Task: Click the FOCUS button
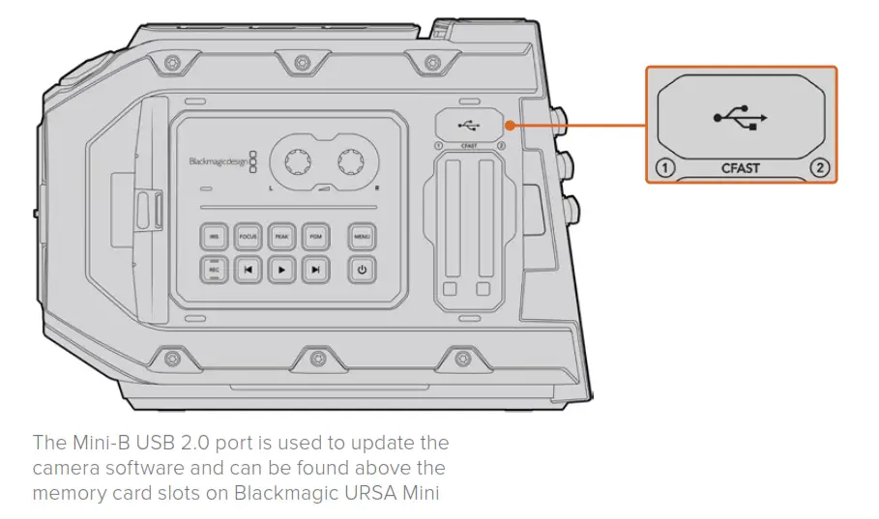click(248, 236)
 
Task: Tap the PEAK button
click(280, 236)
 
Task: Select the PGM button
click(313, 236)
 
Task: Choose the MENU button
click(362, 236)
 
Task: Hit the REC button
click(215, 270)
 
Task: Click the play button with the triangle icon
click(280, 271)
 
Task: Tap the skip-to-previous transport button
click(248, 271)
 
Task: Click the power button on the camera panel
click(362, 271)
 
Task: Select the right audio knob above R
click(354, 159)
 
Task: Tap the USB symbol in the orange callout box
click(741, 118)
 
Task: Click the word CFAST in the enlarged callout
click(741, 168)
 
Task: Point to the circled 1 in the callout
click(663, 168)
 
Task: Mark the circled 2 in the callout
click(819, 168)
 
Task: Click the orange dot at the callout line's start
click(508, 124)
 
